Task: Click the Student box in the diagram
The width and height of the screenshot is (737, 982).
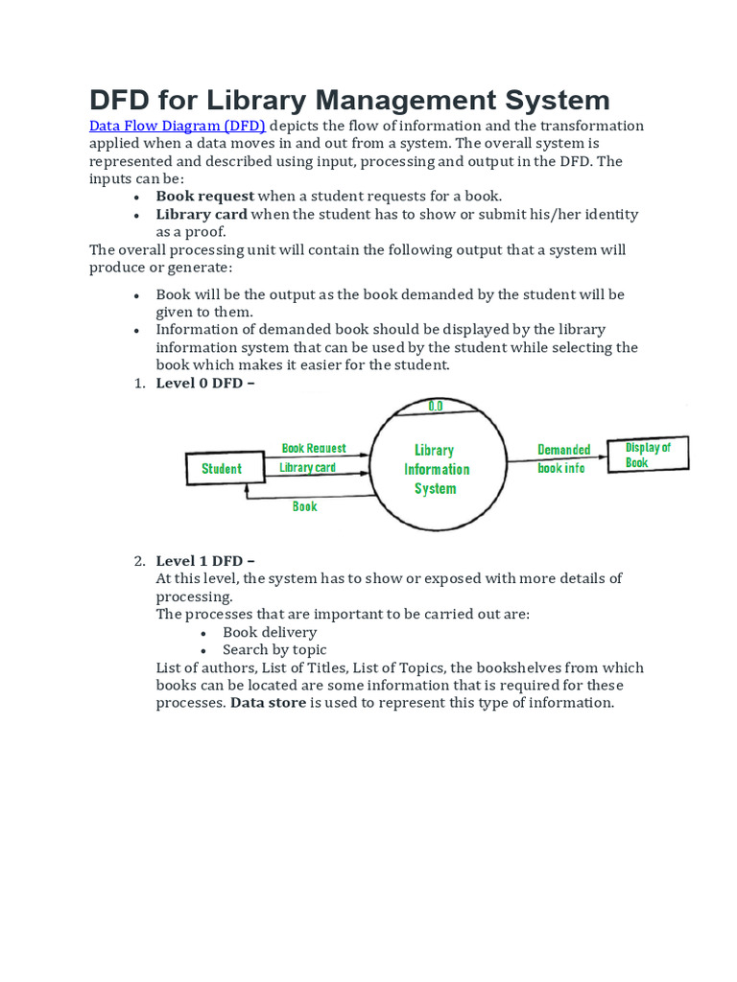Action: click(224, 469)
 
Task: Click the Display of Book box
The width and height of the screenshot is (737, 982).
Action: click(648, 455)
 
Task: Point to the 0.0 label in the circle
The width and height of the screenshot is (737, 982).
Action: click(435, 407)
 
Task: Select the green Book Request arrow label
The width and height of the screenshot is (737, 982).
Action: click(314, 448)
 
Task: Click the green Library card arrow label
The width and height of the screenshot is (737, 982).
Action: click(307, 468)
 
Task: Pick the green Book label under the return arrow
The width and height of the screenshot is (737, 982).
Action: click(304, 506)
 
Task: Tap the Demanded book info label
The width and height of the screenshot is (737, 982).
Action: click(563, 458)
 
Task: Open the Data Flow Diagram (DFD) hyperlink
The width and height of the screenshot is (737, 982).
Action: click(178, 126)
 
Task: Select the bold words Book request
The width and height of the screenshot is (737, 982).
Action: click(205, 197)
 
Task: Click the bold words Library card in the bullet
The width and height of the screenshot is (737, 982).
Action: click(202, 214)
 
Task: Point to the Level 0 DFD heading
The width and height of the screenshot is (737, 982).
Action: click(205, 384)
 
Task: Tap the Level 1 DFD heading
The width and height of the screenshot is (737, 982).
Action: click(205, 561)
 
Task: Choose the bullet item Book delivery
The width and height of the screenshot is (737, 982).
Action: click(270, 632)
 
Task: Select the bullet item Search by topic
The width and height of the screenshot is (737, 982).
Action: click(274, 650)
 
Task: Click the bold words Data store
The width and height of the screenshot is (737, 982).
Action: click(268, 703)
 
